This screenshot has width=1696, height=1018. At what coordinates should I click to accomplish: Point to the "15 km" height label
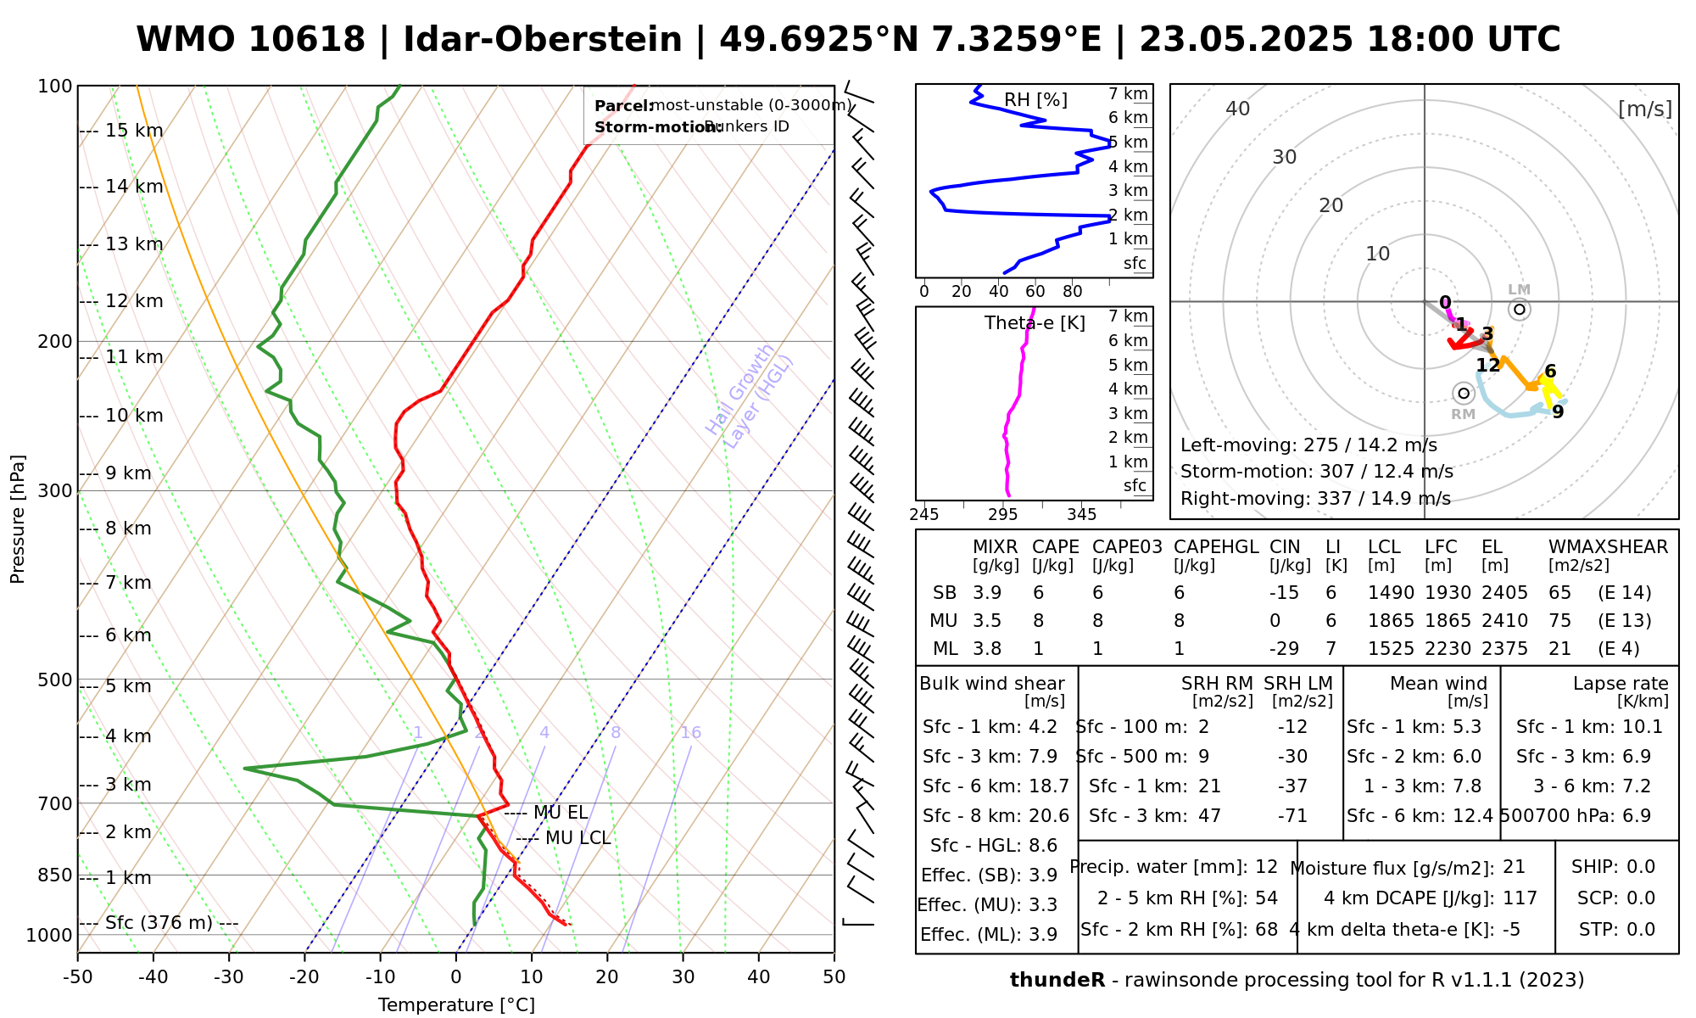coord(134,131)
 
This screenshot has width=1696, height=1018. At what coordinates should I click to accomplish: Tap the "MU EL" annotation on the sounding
coord(561,813)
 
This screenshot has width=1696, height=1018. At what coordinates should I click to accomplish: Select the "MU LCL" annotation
coord(577,839)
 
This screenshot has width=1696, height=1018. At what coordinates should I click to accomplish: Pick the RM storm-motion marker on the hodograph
coord(1463,394)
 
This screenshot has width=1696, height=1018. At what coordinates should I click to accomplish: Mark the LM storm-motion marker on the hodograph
coord(1520,309)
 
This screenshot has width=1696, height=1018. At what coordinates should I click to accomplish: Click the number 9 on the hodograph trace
coord(1558,412)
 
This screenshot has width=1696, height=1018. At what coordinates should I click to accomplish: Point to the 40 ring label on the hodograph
coord(1238,109)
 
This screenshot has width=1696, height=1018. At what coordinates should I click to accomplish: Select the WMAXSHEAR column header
coord(1608,547)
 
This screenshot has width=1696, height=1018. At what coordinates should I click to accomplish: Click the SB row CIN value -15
coord(1285,593)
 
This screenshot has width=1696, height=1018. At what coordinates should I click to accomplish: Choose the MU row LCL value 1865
coord(1391,621)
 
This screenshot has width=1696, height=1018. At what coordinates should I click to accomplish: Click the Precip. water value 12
coord(1266,867)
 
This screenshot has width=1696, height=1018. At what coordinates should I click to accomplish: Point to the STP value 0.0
coord(1641,930)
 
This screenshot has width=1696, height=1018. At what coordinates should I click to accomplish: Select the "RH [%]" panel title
coord(1035,100)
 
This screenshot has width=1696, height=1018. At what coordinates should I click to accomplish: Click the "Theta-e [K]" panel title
coord(1035,323)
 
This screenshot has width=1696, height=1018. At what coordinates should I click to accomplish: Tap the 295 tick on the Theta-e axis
coord(1003,515)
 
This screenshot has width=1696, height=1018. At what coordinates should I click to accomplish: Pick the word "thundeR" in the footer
coord(1057,981)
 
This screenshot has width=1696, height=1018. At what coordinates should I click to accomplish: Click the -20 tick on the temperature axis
coord(304,977)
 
